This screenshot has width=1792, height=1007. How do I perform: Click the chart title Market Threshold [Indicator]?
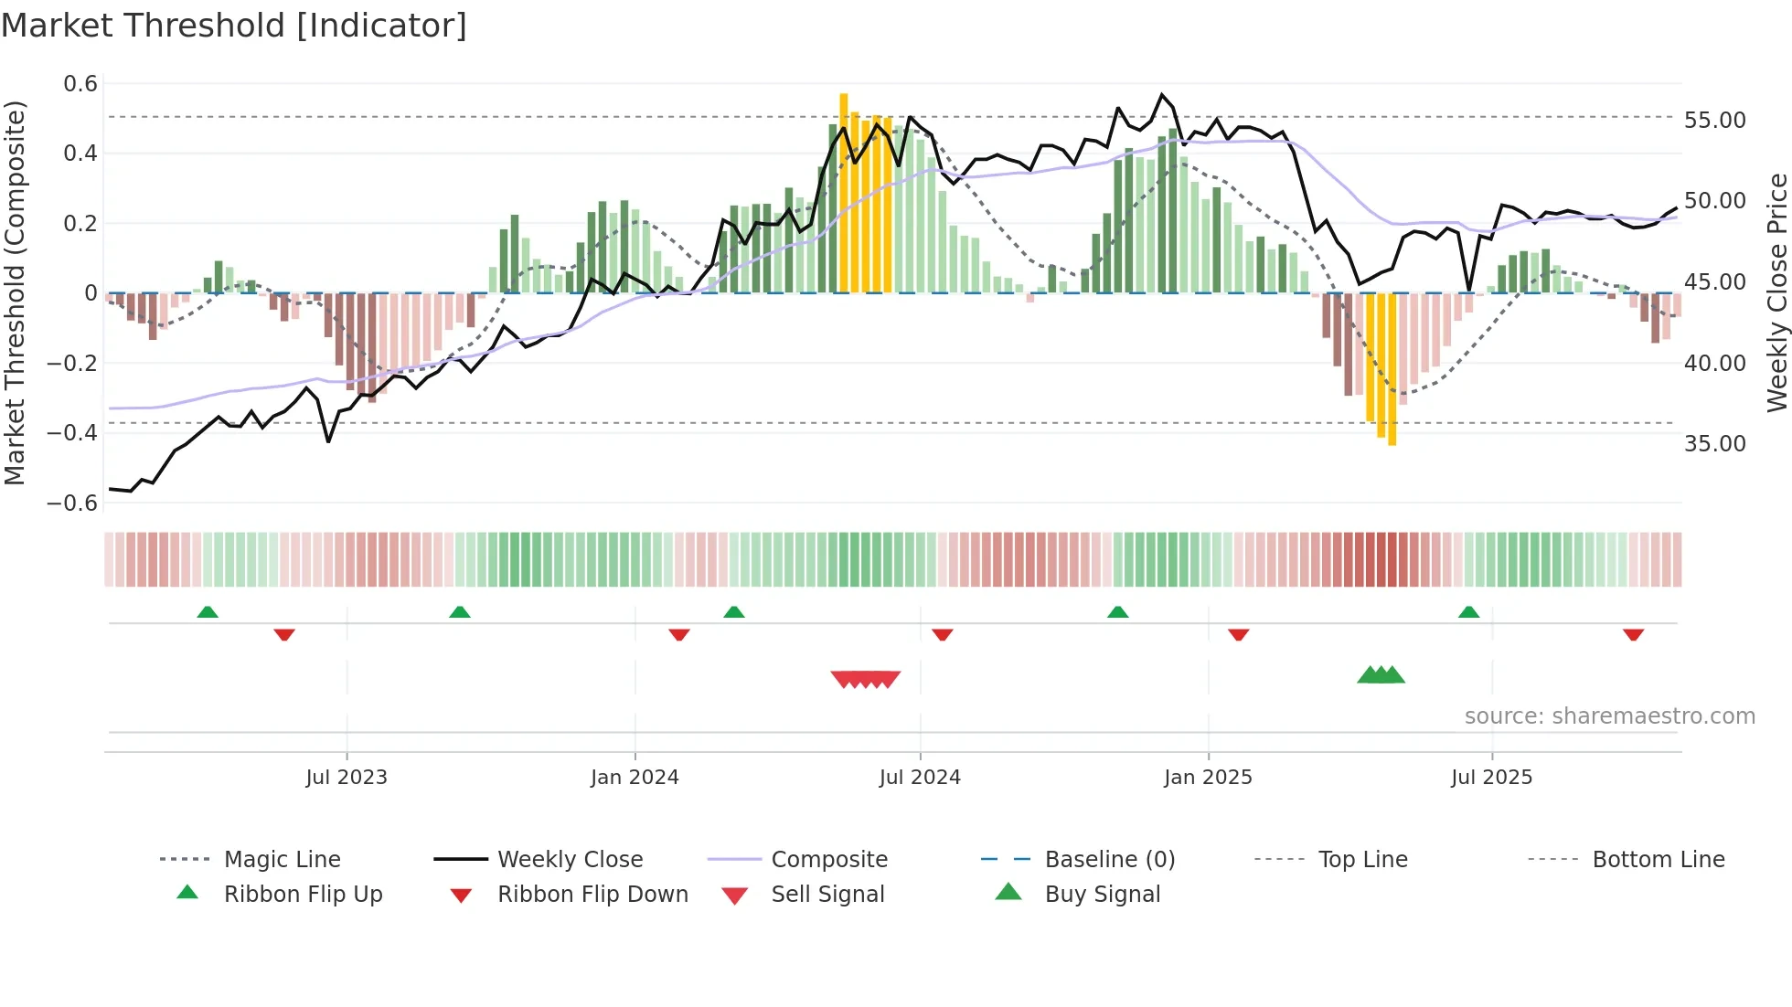pos(234,26)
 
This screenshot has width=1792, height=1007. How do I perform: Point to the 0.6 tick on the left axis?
pos(80,84)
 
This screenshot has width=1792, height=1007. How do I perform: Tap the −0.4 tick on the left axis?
pos(72,432)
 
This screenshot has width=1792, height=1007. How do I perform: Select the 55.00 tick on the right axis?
pos(1714,121)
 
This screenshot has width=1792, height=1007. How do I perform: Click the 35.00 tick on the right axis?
pos(1714,444)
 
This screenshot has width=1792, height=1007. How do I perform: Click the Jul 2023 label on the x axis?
pos(347,778)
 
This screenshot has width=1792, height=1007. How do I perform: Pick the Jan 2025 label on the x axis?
pos(1208,778)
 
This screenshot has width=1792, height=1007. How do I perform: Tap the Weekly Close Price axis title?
pos(1776,292)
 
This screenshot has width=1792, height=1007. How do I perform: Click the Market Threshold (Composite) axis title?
pos(15,292)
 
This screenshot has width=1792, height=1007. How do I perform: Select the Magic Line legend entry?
pos(282,860)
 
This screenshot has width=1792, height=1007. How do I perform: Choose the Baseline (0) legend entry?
pos(1109,860)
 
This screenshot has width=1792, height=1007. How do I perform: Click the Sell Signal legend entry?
pos(827,895)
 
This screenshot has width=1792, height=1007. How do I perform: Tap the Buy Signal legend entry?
pos(1102,895)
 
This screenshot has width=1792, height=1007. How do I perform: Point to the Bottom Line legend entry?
pos(1658,860)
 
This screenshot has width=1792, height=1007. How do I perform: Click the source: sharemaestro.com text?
pos(1609,716)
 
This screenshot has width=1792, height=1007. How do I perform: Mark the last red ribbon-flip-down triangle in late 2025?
pos(1633,634)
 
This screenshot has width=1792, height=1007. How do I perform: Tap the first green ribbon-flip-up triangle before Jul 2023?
pos(208,612)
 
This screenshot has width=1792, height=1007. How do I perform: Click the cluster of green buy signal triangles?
pos(1381,675)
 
